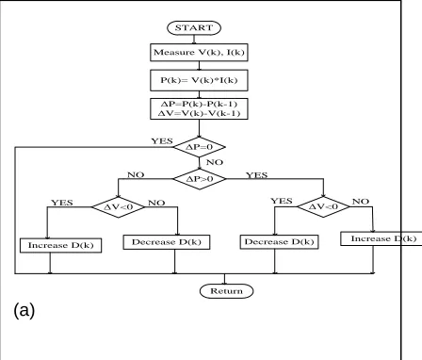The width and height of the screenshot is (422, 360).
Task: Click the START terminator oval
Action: coord(194,27)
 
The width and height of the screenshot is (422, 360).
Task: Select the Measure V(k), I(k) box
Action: coord(199,52)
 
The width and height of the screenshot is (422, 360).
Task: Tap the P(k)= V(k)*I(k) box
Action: coord(199,80)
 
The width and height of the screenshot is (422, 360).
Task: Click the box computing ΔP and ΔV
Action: coord(199,108)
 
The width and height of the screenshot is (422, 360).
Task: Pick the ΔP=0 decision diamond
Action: coord(200,147)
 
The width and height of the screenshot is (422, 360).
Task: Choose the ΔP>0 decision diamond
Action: coord(200,179)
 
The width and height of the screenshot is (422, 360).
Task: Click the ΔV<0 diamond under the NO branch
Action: coord(118,206)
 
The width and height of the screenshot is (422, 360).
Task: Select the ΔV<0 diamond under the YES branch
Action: coord(323,206)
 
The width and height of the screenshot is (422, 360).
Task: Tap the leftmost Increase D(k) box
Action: coord(60,245)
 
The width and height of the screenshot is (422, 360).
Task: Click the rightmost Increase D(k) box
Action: coord(381,238)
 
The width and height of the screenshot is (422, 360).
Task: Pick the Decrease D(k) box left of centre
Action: coord(167,242)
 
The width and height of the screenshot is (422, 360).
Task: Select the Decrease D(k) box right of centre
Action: coord(279,242)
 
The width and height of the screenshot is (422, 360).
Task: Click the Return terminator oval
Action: coord(226,291)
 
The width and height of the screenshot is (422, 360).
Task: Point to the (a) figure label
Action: coord(24,310)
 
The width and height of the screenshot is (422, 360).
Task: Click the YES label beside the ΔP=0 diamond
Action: coord(162,141)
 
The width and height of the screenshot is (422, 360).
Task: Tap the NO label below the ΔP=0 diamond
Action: coord(215,162)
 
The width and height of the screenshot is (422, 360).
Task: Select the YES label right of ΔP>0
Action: coord(257,175)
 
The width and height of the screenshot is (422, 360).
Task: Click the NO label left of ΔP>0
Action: coord(136,174)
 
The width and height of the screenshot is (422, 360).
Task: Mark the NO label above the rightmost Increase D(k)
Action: coord(361,202)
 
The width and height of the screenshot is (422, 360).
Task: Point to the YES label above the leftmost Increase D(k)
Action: coord(62,203)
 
